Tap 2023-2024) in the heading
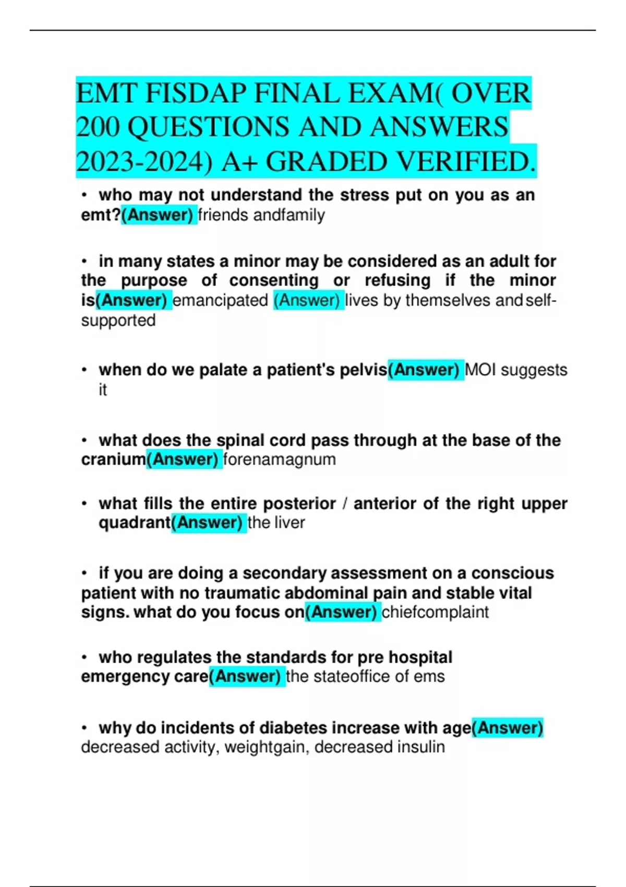tap(145, 162)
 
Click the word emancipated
tap(220, 301)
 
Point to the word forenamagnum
tap(280, 460)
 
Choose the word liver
tap(290, 522)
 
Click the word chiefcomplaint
tap(435, 612)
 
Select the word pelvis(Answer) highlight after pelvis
tap(425, 370)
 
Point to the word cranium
tap(113, 460)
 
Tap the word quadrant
tap(135, 522)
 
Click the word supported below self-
tap(118, 320)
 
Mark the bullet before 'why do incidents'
tap(85, 728)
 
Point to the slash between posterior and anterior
tap(345, 504)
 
